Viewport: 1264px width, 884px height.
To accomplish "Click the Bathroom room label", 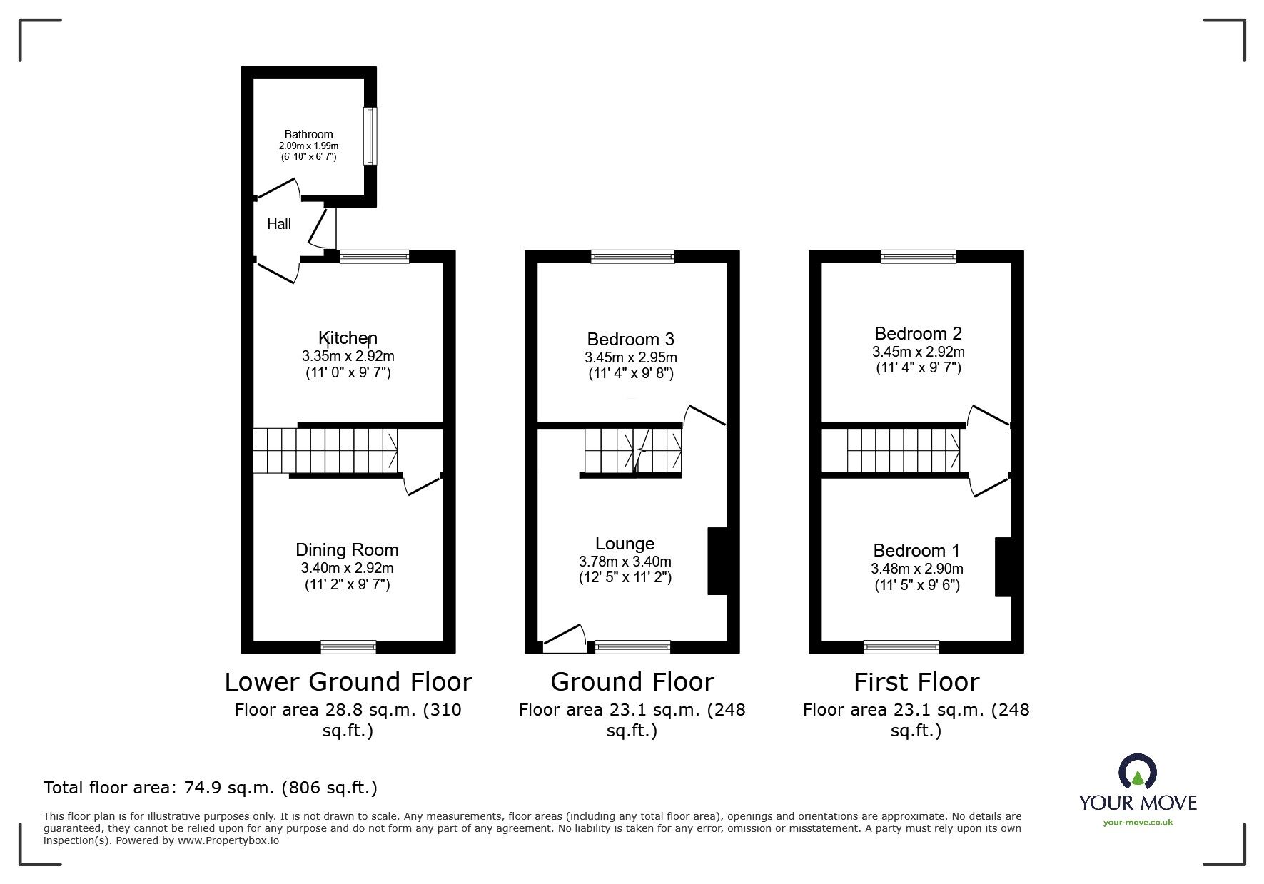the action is coord(308,134).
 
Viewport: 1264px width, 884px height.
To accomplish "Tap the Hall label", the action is coord(279,224).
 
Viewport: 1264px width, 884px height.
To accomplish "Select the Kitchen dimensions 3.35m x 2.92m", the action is coord(348,356).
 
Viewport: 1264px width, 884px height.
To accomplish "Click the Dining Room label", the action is coord(347,550).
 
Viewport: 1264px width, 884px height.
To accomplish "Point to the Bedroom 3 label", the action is coord(630,339).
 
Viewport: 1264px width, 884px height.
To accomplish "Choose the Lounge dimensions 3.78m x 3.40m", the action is coord(625,562).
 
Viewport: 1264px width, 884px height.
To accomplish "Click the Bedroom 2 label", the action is coord(919,333).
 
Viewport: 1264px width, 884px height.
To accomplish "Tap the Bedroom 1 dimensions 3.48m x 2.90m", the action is coord(917,569).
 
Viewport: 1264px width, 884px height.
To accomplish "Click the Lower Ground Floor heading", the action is coord(348,682).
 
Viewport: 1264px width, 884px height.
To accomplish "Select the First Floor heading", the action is coord(916,682).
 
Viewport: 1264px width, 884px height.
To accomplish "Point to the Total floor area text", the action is coord(211,788).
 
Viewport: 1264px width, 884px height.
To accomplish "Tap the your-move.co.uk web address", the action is coord(1138,823).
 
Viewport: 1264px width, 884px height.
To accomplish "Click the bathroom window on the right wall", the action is coord(370,136).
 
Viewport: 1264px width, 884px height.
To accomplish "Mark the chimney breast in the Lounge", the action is coord(717,561).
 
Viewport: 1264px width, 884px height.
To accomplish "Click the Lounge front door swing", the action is coord(565,638).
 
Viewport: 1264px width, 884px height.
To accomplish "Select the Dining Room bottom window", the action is coord(348,647).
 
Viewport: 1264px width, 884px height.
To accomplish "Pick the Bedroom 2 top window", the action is coord(919,257).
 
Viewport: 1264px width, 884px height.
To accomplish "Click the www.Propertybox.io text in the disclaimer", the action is coord(228,840).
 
